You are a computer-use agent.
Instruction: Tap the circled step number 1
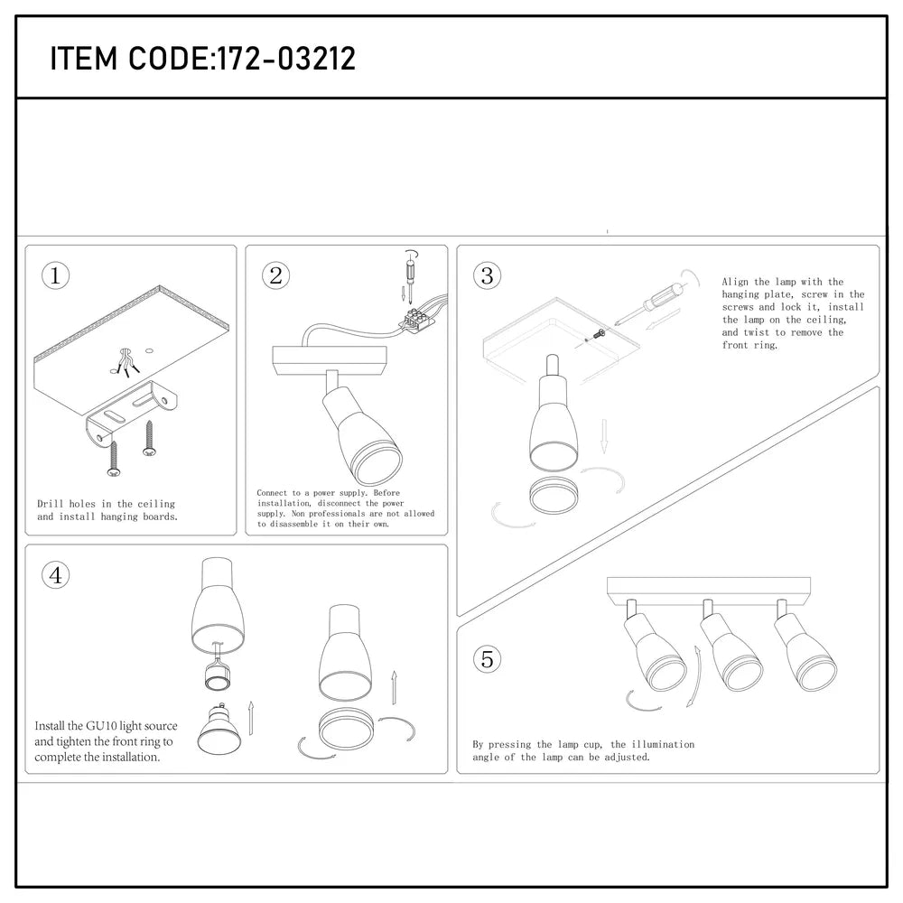tap(56, 276)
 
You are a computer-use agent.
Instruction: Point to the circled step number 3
tap(487, 276)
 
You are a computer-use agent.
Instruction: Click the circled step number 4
tap(56, 575)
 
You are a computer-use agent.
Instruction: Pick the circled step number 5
tap(487, 659)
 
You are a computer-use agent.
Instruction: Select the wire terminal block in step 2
tap(416, 317)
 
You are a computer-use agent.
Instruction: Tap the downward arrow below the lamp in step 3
tap(605, 437)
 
